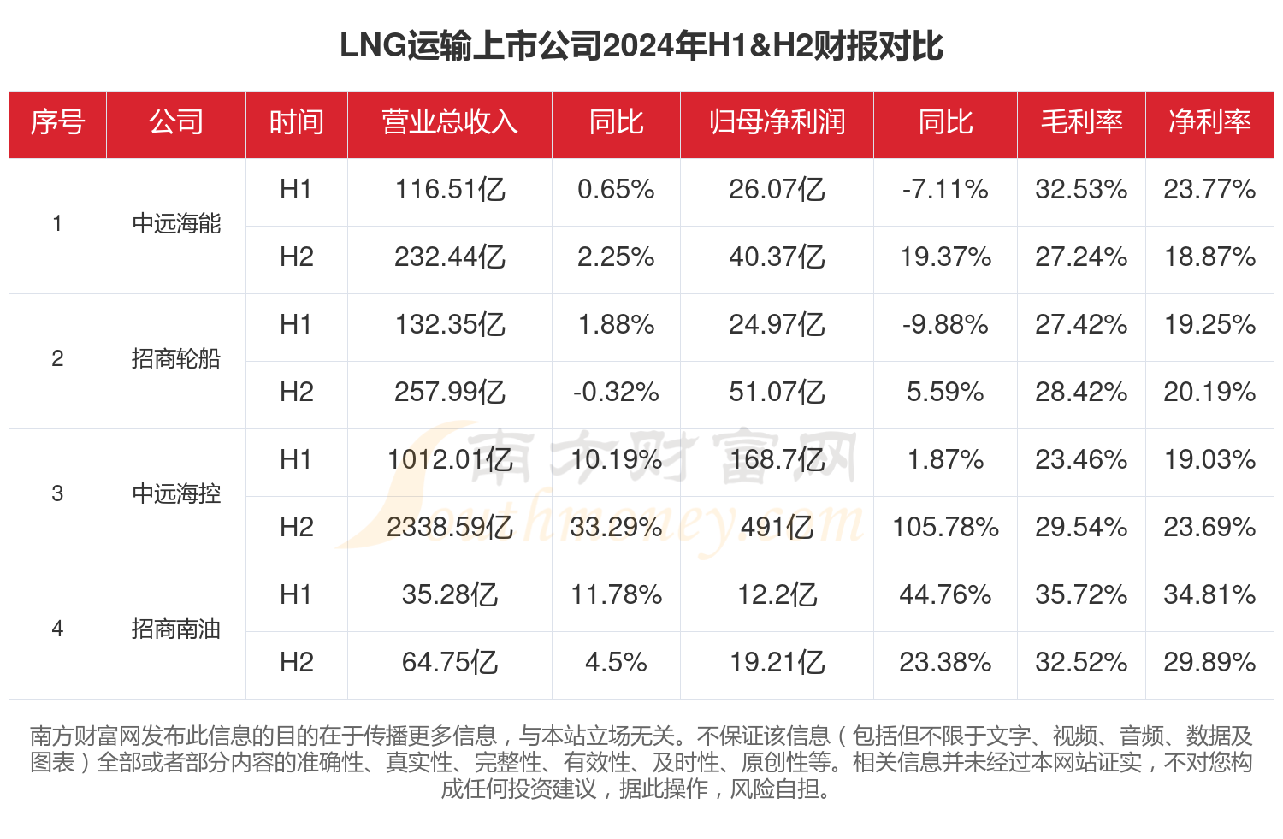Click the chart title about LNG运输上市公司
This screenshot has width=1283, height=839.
coord(641,46)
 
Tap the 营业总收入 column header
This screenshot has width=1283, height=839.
coord(450,122)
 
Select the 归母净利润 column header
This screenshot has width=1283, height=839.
coord(777,122)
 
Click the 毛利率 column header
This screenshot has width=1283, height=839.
coord(1081,122)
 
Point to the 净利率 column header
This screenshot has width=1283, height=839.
coord(1209,122)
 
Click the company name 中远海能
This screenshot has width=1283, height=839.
coord(176,224)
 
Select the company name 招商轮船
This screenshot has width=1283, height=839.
coord(176,359)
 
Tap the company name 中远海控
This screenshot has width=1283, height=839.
coord(176,494)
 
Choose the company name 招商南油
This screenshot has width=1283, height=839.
coord(176,629)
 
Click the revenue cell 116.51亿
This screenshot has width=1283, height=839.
coord(450,189)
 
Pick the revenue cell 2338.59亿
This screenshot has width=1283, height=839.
coord(450,527)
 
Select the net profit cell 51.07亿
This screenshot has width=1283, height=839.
coord(777,392)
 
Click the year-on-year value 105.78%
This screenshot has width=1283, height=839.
coord(945,527)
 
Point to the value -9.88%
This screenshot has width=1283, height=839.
coord(945,324)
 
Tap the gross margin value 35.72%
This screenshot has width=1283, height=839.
coord(1081,594)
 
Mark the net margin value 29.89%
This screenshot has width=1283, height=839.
coord(1209,662)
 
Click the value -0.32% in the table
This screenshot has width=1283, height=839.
coord(616,392)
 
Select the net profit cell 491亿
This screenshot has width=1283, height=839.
coord(777,527)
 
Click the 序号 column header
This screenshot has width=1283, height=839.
coord(57,122)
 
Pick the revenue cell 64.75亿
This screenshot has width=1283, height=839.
coord(450,662)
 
